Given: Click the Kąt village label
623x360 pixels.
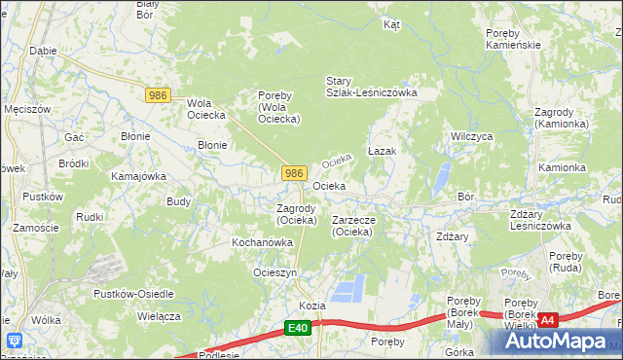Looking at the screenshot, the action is click(392, 24).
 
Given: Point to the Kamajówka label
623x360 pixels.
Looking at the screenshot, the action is click(138, 176).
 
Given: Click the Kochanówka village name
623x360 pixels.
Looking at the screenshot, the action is click(262, 241).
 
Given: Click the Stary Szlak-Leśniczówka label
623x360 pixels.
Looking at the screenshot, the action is click(371, 87).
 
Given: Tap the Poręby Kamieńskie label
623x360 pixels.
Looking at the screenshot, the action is click(512, 39).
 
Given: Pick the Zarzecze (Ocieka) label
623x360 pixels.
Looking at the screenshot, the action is click(360, 226).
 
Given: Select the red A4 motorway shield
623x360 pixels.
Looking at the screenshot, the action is click(548, 319).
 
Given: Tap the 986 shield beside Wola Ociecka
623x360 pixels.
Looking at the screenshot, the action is click(159, 94).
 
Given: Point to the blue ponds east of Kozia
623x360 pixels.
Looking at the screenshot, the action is click(350, 288).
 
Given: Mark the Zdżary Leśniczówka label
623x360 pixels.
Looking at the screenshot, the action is click(540, 219).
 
